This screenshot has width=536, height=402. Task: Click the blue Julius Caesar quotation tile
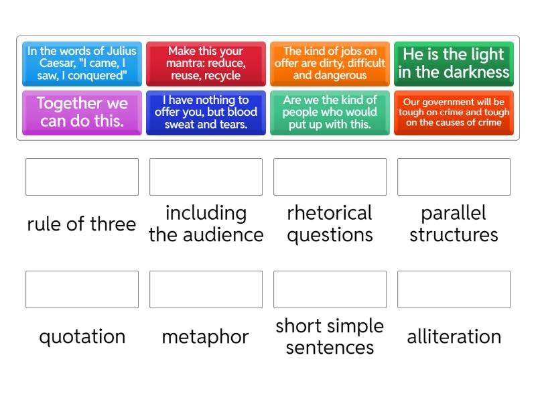(x=82, y=64)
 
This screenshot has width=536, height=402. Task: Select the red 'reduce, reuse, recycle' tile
(x=206, y=64)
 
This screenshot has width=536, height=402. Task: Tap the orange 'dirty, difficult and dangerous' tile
(x=330, y=64)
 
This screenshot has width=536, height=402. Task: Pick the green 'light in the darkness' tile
(x=454, y=64)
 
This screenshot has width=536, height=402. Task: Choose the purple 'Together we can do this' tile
(x=82, y=113)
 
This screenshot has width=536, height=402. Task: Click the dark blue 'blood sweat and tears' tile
(x=206, y=113)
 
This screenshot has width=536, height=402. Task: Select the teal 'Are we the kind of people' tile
(x=330, y=113)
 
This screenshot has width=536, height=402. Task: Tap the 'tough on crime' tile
(x=454, y=113)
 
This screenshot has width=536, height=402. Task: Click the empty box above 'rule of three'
(x=82, y=177)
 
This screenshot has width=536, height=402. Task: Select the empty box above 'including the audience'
(x=206, y=177)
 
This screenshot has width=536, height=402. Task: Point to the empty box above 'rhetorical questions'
(x=330, y=177)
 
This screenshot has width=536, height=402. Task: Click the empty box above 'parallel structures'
(x=454, y=177)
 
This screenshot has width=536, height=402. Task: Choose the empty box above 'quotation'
(x=82, y=289)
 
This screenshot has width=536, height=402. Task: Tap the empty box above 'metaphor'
(x=206, y=289)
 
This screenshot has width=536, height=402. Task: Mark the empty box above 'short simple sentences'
(x=330, y=289)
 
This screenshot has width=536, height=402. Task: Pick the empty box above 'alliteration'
(x=454, y=289)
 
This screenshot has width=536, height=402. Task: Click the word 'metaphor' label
(x=206, y=338)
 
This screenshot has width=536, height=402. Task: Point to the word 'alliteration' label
(x=454, y=336)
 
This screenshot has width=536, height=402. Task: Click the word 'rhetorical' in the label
(x=330, y=212)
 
